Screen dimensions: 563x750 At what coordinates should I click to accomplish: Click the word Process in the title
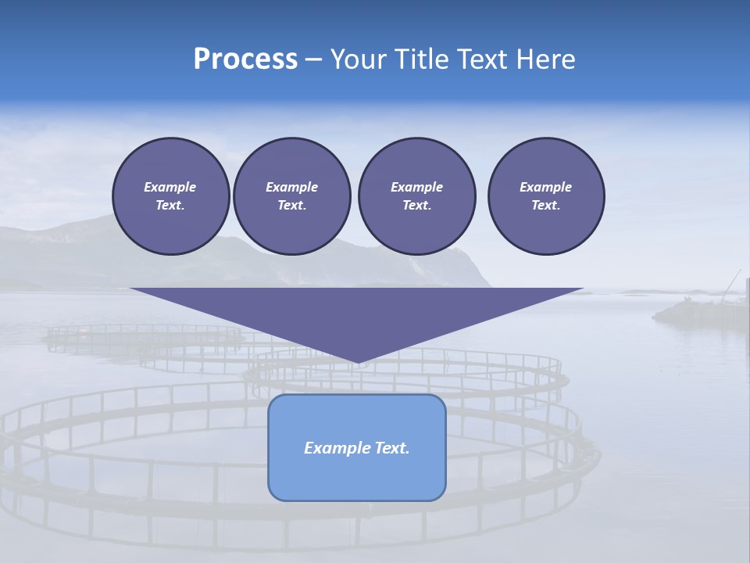(x=245, y=59)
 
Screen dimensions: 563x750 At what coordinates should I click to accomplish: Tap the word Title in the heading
(x=420, y=59)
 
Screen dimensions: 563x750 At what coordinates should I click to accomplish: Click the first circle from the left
(x=170, y=195)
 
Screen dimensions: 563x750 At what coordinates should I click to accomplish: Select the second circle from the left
(x=291, y=195)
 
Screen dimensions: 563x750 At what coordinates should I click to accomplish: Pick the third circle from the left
(x=416, y=195)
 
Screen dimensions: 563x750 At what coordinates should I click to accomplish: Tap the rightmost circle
(x=545, y=195)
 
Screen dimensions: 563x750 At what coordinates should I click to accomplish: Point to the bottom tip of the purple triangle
(x=358, y=362)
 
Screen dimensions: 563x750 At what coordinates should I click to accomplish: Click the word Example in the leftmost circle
(x=170, y=187)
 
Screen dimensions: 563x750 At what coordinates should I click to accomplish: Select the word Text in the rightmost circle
(x=545, y=205)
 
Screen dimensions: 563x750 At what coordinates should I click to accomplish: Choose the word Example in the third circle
(x=416, y=187)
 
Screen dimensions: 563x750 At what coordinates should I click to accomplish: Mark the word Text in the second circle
(x=291, y=205)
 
